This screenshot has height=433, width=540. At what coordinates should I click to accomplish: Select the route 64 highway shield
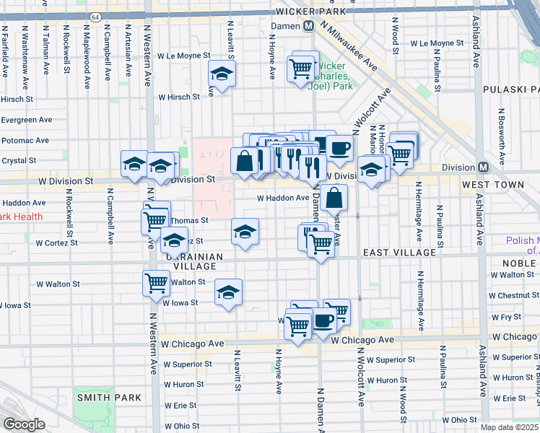pyautogui.click(x=95, y=15)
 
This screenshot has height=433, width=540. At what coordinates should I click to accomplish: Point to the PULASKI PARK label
pyautogui.click(x=511, y=90)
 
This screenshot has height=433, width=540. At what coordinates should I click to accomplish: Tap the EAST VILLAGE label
pyautogui.click(x=399, y=253)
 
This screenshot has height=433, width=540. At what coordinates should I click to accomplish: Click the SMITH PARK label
pyautogui.click(x=100, y=398)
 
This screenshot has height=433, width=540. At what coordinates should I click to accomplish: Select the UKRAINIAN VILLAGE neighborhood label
pyautogui.click(x=191, y=262)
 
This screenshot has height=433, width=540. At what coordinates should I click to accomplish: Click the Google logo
pyautogui.click(x=24, y=424)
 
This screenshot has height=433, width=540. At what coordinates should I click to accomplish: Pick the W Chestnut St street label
pyautogui.click(x=513, y=296)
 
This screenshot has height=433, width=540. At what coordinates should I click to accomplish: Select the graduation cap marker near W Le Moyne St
pyautogui.click(x=222, y=74)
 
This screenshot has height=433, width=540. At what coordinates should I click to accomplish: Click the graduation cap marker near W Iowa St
pyautogui.click(x=229, y=292)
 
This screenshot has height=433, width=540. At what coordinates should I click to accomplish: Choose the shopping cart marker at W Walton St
pyautogui.click(x=157, y=284)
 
